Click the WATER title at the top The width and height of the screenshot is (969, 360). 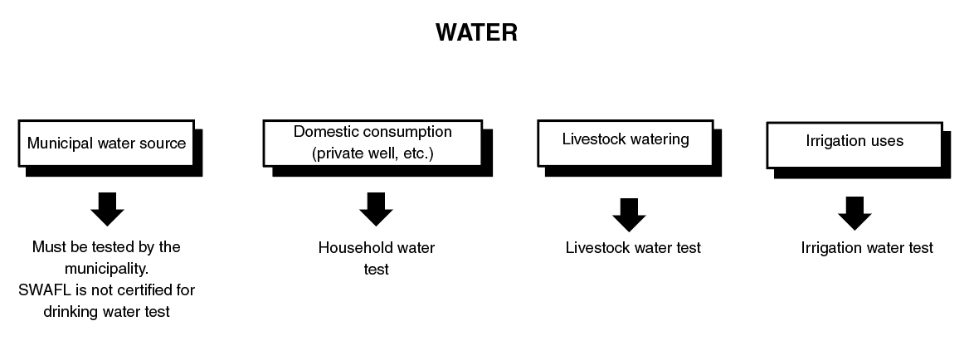[476, 32]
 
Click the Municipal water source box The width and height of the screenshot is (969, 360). [106, 143]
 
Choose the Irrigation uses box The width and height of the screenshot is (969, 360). [854, 142]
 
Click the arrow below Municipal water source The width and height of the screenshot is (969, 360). [107, 209]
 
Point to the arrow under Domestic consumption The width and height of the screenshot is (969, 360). [376, 209]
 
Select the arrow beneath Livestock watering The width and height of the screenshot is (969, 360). [629, 215]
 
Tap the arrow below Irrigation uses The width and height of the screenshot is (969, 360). [855, 213]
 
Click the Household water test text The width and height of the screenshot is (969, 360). [376, 258]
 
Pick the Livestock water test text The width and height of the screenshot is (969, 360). [633, 247]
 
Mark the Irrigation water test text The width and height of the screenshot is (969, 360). [867, 247]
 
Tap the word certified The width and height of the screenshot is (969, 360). [142, 290]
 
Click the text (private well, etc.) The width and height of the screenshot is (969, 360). [372, 153]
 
